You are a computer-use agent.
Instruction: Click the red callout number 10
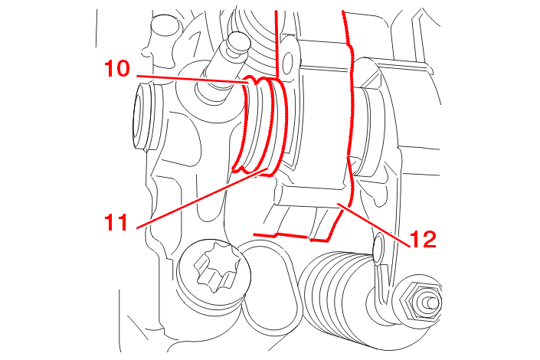pos(117,69)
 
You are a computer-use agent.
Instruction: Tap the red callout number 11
pos(116,222)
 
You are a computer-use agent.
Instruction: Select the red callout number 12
pos(424,239)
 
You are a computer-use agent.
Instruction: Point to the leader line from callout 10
pos(192,79)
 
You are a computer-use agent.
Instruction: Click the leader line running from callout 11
pos(201,198)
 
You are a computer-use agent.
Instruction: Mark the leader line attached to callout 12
pos(374,225)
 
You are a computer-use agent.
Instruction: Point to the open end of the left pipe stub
pos(140,117)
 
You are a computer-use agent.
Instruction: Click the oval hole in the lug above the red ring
pos(288,62)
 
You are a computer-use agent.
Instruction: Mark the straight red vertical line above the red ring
pos(277,44)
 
